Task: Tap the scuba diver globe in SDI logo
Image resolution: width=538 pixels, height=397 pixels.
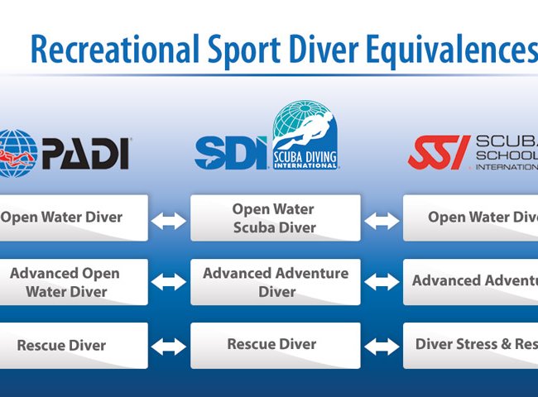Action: tap(305, 134)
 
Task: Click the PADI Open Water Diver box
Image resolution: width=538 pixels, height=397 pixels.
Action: tap(73, 218)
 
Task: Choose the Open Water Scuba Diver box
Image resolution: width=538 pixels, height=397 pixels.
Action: tap(275, 218)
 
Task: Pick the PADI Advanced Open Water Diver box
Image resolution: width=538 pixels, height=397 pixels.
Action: tap(73, 282)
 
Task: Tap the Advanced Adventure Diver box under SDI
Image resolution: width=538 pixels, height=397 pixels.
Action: tap(275, 282)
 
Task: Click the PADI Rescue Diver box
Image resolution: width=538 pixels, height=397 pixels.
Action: tap(73, 345)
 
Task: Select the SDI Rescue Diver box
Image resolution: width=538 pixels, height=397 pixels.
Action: tap(275, 345)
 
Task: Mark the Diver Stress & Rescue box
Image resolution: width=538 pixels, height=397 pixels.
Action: tap(470, 345)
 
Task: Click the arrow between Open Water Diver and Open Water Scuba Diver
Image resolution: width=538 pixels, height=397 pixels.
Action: tap(169, 219)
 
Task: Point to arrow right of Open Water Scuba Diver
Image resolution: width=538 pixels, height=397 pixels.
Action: tap(382, 219)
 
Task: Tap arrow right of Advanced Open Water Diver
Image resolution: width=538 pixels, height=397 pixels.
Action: tap(169, 282)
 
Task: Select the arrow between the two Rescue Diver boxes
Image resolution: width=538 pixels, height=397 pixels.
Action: tap(169, 346)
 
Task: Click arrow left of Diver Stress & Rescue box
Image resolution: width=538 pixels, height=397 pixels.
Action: tap(382, 346)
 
